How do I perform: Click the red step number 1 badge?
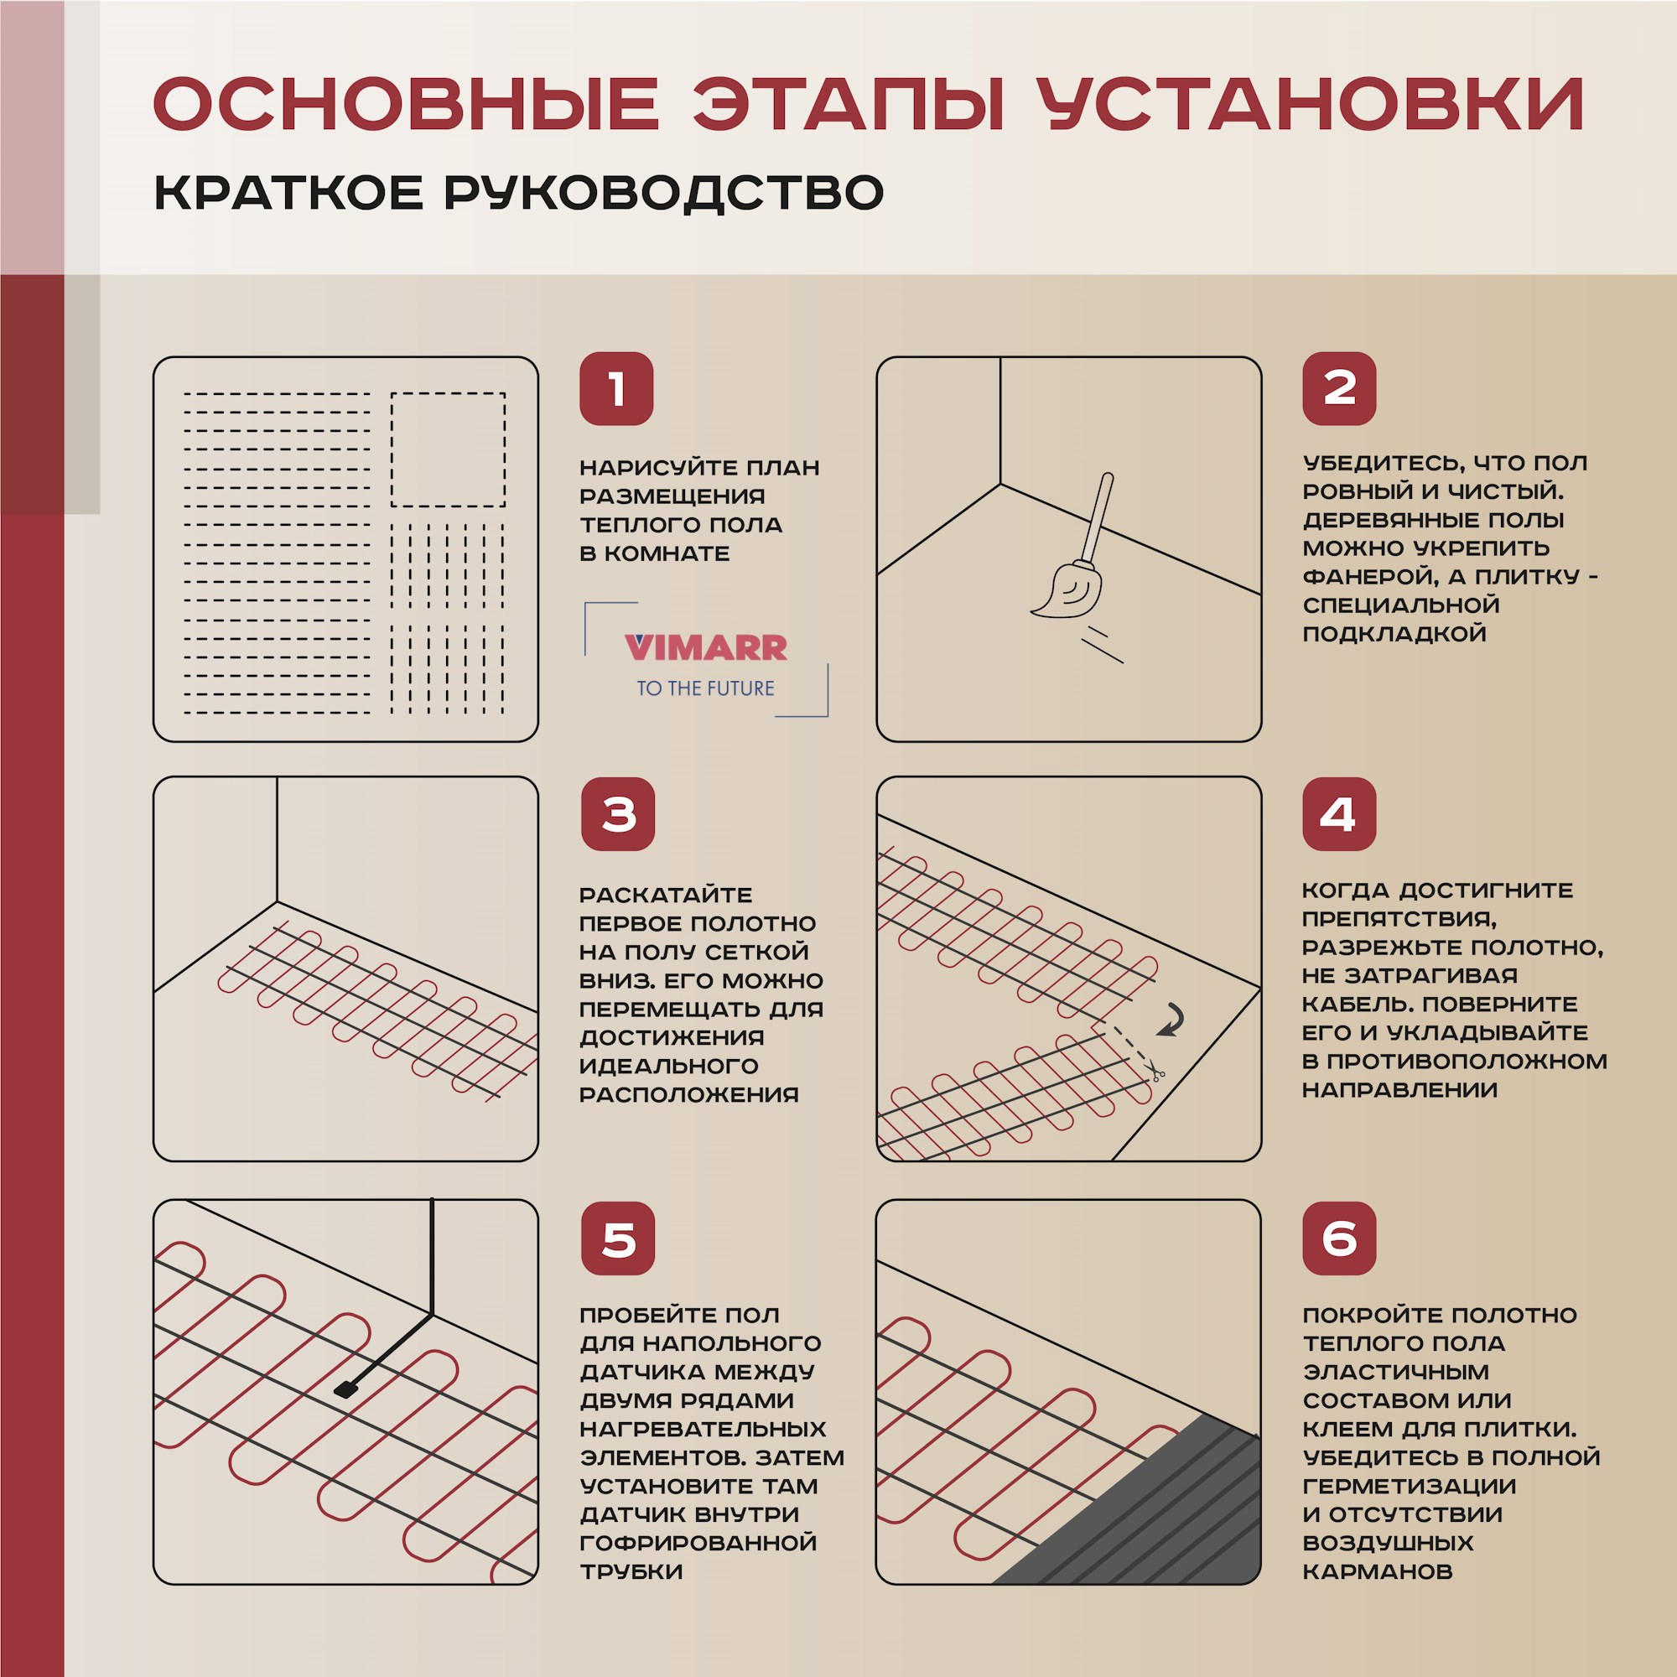click(616, 389)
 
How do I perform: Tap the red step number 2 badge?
click(1338, 389)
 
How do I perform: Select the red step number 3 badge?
click(617, 814)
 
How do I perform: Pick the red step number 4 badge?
click(1338, 814)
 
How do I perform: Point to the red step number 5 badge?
click(617, 1238)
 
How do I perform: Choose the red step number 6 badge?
click(1338, 1238)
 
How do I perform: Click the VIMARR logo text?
click(705, 647)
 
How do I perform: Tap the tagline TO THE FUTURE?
click(705, 688)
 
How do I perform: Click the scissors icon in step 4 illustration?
click(1157, 1075)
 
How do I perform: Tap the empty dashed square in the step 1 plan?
click(448, 449)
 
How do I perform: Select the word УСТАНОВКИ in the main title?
click(1310, 105)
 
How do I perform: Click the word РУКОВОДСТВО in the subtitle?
click(664, 193)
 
